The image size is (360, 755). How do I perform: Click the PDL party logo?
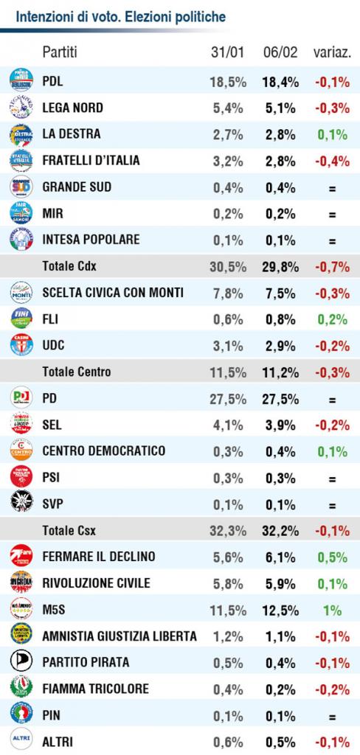(x=21, y=80)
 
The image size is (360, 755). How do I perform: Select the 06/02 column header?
(x=281, y=52)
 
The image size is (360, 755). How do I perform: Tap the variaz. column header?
(x=332, y=52)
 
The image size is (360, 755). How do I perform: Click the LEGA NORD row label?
(x=73, y=108)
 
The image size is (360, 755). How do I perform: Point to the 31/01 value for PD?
(x=227, y=399)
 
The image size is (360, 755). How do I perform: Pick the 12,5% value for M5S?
(x=282, y=610)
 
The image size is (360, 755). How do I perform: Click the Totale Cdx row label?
(x=69, y=266)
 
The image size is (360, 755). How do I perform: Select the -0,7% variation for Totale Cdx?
(x=333, y=266)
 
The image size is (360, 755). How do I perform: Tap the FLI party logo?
(x=21, y=319)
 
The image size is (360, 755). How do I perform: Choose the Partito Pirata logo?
(x=21, y=661)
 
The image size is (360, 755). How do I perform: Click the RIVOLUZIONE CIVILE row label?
(x=97, y=584)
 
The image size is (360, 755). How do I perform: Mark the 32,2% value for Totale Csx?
(x=282, y=531)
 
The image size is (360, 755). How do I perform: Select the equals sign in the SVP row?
(x=332, y=506)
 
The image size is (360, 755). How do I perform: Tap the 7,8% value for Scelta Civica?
(x=228, y=293)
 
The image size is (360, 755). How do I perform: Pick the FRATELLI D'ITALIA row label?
(x=91, y=160)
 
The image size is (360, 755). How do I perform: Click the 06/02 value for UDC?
(x=280, y=345)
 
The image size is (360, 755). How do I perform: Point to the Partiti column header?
(x=60, y=52)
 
